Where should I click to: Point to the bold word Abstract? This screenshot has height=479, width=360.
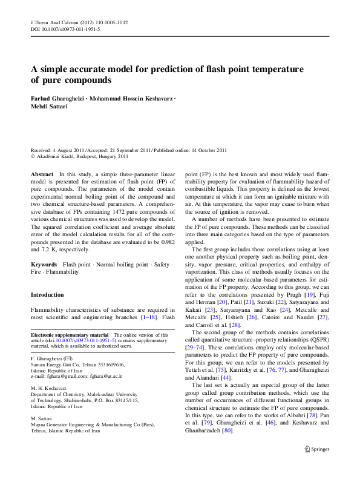pos(41,174)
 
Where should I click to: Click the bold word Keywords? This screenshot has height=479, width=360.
pos(44,265)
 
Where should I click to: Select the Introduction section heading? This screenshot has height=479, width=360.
pos(47,295)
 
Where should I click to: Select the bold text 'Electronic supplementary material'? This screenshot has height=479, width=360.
pos(70,335)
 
